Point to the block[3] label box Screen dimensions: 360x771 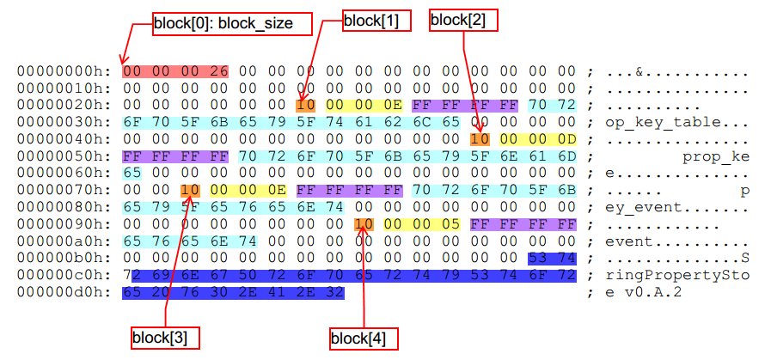point(165,338)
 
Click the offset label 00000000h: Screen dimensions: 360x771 point(65,70)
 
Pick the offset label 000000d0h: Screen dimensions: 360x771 point(65,294)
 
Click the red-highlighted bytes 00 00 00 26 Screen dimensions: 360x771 point(175,70)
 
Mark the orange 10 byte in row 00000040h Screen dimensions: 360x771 point(480,139)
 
